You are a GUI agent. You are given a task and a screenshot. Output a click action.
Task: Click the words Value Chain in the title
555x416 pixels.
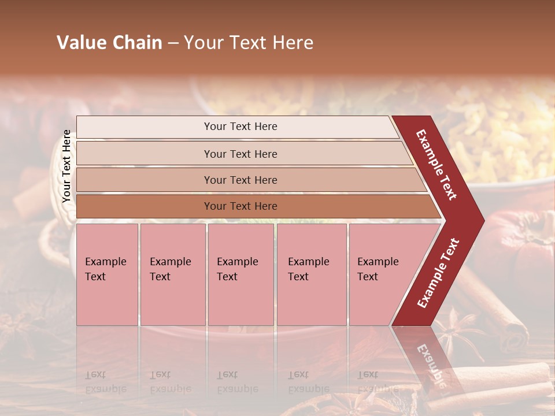pos(109,43)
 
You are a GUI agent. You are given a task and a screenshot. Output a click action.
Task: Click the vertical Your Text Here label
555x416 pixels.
pos(67,166)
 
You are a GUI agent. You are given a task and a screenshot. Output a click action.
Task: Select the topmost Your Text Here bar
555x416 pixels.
pos(240,127)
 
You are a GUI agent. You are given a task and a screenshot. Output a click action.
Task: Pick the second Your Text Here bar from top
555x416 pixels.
pos(240,154)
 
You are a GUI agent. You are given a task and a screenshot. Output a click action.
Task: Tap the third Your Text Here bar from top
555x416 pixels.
pos(240,180)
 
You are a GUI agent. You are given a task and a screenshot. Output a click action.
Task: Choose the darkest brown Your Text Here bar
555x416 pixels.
pos(240,206)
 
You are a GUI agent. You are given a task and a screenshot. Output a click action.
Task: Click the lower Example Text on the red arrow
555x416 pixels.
pos(438,273)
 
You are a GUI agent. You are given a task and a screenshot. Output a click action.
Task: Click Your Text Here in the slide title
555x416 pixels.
pos(249,43)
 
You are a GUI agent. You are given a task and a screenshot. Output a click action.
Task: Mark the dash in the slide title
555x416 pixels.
pos(173,43)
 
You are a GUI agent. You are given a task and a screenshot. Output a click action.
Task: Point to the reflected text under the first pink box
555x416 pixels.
pos(105,382)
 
